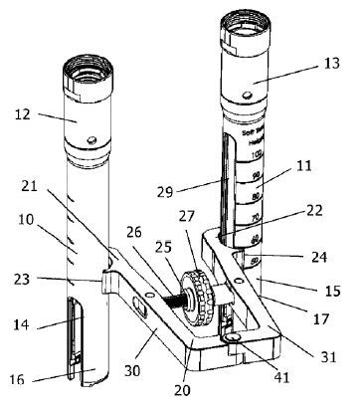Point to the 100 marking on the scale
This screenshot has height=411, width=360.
point(258,155)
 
